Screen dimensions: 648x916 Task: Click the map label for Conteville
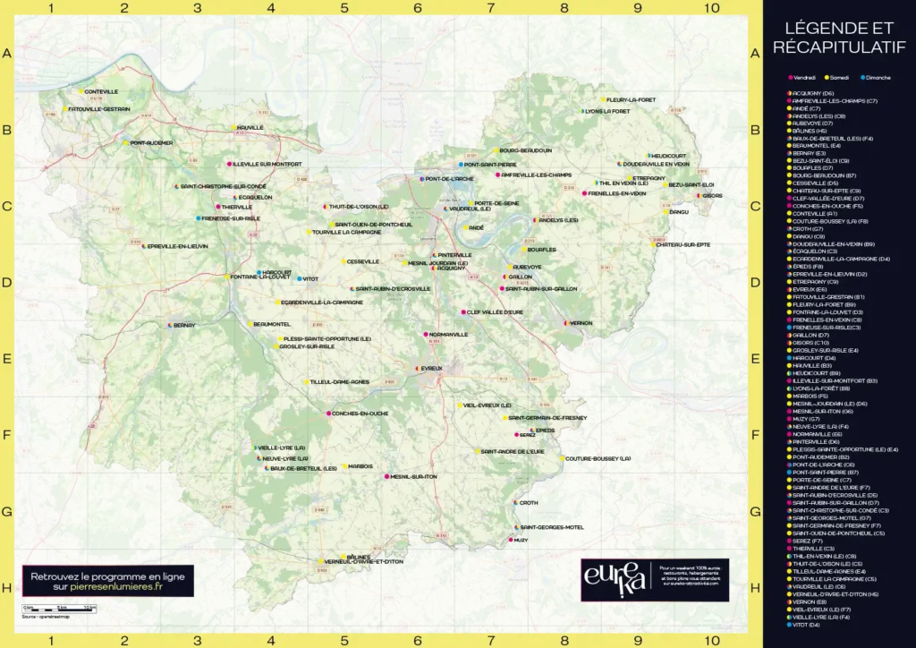101,91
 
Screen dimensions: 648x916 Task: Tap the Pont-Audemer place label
151,142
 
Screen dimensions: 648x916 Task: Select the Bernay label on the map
184,325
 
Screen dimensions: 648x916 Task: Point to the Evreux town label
432,369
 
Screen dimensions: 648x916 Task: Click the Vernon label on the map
581,322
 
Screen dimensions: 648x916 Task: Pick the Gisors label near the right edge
714,195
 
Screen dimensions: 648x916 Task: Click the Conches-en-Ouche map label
359,414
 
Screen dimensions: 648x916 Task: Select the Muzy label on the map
522,541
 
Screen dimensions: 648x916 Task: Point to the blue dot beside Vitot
300,279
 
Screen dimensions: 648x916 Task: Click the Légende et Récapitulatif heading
839,37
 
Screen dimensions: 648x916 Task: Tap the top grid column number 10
710,8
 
